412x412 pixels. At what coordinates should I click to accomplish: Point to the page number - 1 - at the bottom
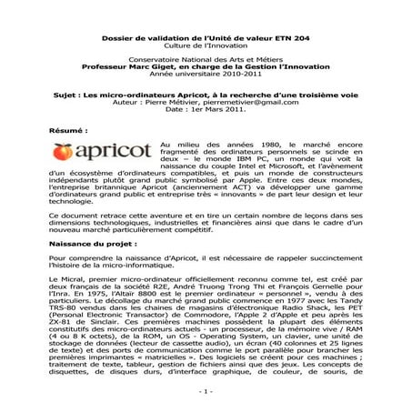coord(206,391)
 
